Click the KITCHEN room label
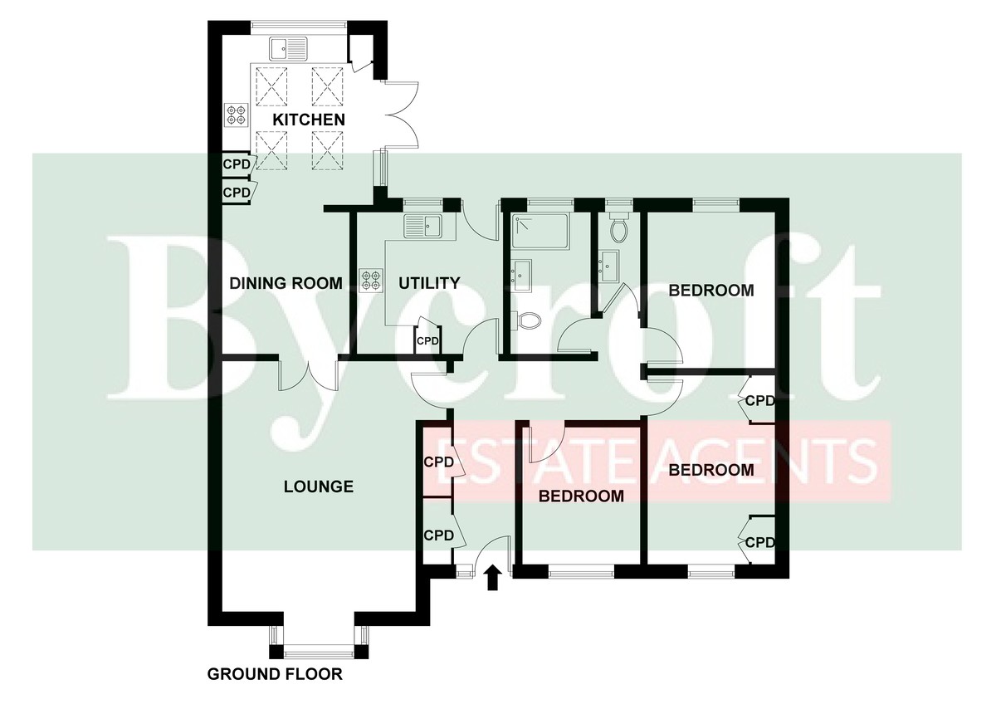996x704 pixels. (x=309, y=120)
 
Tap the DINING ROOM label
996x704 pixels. (x=286, y=283)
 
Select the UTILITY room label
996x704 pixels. (x=429, y=283)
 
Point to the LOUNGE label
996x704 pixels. (x=319, y=486)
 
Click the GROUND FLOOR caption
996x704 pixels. (x=275, y=674)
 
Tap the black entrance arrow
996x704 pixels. (x=491, y=578)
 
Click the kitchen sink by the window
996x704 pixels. (x=288, y=49)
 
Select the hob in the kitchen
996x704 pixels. (x=236, y=115)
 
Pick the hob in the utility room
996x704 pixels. (x=371, y=280)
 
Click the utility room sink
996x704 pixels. (x=422, y=227)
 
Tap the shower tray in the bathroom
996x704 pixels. (x=540, y=231)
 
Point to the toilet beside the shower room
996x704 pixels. (x=526, y=320)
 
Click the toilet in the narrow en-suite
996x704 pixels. (x=618, y=227)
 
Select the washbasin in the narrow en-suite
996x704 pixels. (x=608, y=266)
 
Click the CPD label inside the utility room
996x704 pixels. (x=427, y=341)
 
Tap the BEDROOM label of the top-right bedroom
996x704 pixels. (x=711, y=291)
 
